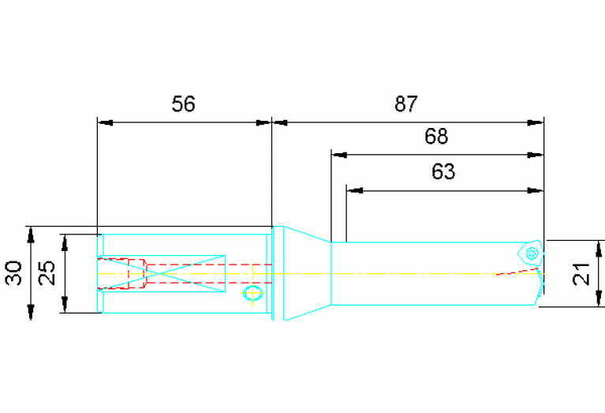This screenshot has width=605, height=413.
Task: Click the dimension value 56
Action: pyautogui.click(x=183, y=104)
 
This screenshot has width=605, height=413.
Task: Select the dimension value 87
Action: pyautogui.click(x=406, y=104)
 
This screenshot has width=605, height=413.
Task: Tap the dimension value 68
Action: pyautogui.click(x=436, y=137)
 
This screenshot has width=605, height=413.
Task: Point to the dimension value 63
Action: pyautogui.click(x=443, y=171)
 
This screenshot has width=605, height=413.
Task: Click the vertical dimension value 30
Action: pyautogui.click(x=13, y=273)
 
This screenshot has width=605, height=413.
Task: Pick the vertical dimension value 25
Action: pyautogui.click(x=47, y=273)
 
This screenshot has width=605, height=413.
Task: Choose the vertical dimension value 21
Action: pyautogui.click(x=581, y=274)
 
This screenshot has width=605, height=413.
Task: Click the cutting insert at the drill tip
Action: pyautogui.click(x=531, y=253)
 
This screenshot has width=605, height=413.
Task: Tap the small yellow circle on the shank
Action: pyautogui.click(x=253, y=293)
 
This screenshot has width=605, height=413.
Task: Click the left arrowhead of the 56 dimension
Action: pyautogui.click(x=105, y=123)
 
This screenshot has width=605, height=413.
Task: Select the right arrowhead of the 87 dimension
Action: pyautogui.click(x=536, y=123)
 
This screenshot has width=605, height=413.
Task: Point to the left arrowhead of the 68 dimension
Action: pyautogui.click(x=339, y=155)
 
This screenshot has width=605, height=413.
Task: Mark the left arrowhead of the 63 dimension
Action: pyautogui.click(x=355, y=190)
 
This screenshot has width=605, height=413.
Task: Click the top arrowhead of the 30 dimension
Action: pyautogui.click(x=31, y=235)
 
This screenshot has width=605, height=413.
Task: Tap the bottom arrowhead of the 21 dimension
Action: pyautogui.click(x=599, y=298)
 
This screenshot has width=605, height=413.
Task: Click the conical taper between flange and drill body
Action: pyautogui.click(x=308, y=273)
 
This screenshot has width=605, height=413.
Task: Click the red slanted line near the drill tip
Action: pyautogui.click(x=517, y=271)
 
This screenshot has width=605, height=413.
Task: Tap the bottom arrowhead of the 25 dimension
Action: pyautogui.click(x=65, y=305)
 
